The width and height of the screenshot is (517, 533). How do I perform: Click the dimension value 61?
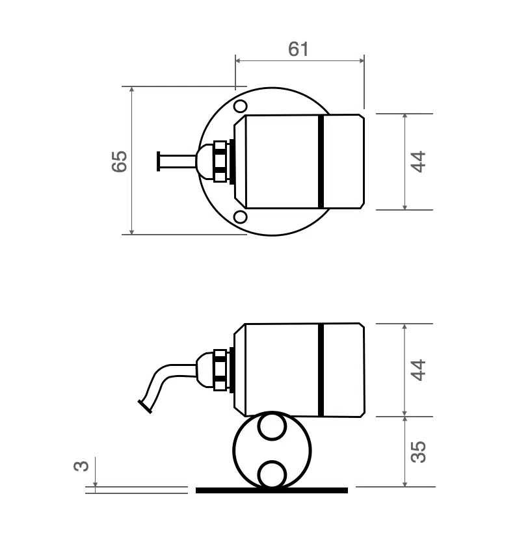(x=298, y=49)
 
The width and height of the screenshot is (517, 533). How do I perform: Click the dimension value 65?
(x=119, y=161)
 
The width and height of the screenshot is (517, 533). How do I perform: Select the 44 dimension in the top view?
(x=419, y=161)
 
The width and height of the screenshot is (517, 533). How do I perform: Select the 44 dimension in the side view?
(x=419, y=369)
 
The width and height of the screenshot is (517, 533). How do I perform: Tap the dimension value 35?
(x=419, y=451)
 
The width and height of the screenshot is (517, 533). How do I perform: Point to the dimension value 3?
(x=81, y=466)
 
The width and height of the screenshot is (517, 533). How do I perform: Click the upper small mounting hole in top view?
(x=240, y=106)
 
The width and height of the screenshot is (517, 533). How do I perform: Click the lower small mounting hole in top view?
(x=240, y=217)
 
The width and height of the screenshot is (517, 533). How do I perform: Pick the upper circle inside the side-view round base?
(x=272, y=428)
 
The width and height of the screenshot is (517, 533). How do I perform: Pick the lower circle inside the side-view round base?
(x=272, y=473)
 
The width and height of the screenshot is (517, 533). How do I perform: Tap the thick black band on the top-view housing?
(x=321, y=161)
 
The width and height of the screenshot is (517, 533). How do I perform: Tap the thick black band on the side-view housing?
(x=321, y=369)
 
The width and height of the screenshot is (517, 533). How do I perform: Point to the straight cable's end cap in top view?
(x=158, y=161)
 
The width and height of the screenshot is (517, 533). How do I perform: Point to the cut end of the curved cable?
(x=144, y=407)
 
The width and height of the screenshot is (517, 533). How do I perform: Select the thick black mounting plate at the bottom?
(x=272, y=490)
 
